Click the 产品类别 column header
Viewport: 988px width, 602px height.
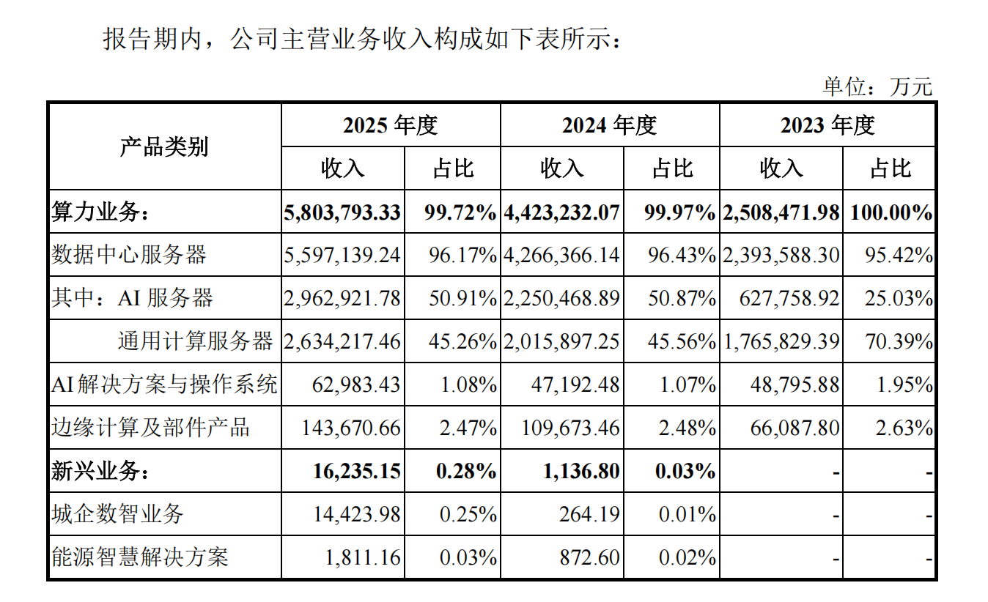(x=164, y=146)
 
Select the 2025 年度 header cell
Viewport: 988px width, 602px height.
(x=391, y=125)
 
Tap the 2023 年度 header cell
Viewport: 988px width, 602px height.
(x=827, y=125)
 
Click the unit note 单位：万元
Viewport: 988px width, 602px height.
(x=877, y=86)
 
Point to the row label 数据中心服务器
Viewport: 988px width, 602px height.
(x=129, y=255)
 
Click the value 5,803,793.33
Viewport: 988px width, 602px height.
(x=342, y=212)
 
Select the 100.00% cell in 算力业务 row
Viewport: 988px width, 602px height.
(x=891, y=212)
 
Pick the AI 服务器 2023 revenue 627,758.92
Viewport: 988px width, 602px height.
(x=789, y=298)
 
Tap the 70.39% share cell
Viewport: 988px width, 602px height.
(x=899, y=341)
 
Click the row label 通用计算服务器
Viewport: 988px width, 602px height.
(x=196, y=341)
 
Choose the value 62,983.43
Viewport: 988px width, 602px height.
(x=356, y=384)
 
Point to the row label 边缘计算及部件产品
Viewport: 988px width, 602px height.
(x=151, y=428)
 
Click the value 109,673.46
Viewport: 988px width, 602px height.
(x=570, y=428)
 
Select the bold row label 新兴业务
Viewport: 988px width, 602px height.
(x=100, y=471)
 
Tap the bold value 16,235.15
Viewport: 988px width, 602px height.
(x=356, y=471)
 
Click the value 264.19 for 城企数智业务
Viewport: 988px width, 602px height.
(x=589, y=514)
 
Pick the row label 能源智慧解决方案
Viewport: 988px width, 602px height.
(x=140, y=557)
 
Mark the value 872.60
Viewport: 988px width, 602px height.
(x=589, y=557)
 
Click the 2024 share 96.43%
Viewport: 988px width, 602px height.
(x=682, y=255)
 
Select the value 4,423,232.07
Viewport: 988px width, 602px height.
(x=561, y=212)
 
